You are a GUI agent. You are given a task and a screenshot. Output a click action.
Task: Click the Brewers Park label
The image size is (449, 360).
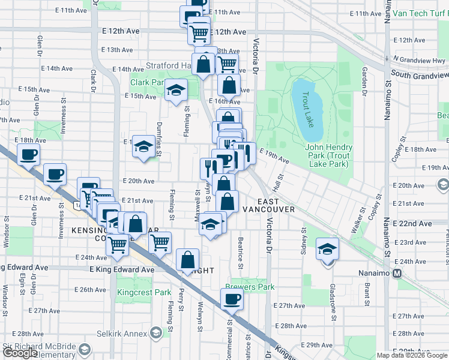(x=250, y=287)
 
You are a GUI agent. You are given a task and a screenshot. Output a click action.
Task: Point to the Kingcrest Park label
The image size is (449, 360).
(x=145, y=293)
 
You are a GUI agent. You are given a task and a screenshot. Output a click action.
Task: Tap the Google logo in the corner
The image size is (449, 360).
(x=20, y=353)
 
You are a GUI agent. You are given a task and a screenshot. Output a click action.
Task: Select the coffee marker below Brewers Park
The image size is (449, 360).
(x=232, y=298)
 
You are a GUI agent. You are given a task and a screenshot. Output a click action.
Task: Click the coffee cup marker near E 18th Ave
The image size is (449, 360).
(x=28, y=155)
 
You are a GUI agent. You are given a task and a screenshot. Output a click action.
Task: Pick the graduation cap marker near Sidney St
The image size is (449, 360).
(x=327, y=248)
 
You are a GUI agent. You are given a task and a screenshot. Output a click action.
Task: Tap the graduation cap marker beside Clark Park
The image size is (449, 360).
(x=175, y=91)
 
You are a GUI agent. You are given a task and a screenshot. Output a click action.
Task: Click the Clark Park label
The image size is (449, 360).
(x=146, y=83)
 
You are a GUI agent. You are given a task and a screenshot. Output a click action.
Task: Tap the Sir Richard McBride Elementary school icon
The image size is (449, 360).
(x=85, y=349)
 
